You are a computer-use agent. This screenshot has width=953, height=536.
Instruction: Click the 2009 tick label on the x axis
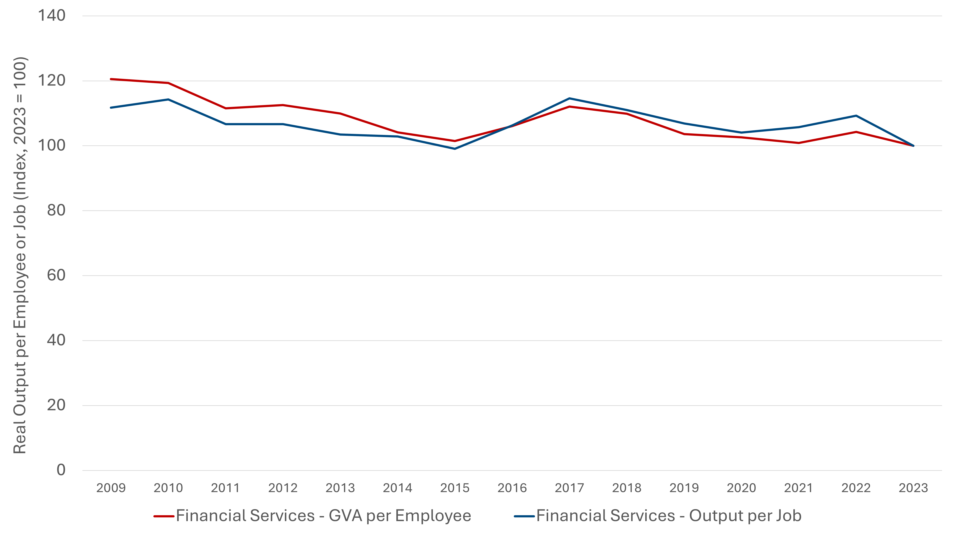pyautogui.click(x=111, y=488)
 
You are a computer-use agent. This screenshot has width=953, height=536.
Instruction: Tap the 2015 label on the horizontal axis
pyautogui.click(x=455, y=488)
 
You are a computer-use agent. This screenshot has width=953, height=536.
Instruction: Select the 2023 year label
pyautogui.click(x=913, y=488)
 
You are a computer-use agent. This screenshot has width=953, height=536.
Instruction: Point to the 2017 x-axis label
pyautogui.click(x=569, y=488)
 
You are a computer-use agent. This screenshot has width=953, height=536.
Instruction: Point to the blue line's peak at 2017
pyautogui.click(x=569, y=98)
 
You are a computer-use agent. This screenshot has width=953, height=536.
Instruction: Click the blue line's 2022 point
pyautogui.click(x=856, y=116)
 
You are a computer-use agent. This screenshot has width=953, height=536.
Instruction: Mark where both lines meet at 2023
pyautogui.click(x=913, y=146)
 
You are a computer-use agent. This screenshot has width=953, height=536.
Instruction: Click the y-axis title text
pyautogui.click(x=20, y=255)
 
